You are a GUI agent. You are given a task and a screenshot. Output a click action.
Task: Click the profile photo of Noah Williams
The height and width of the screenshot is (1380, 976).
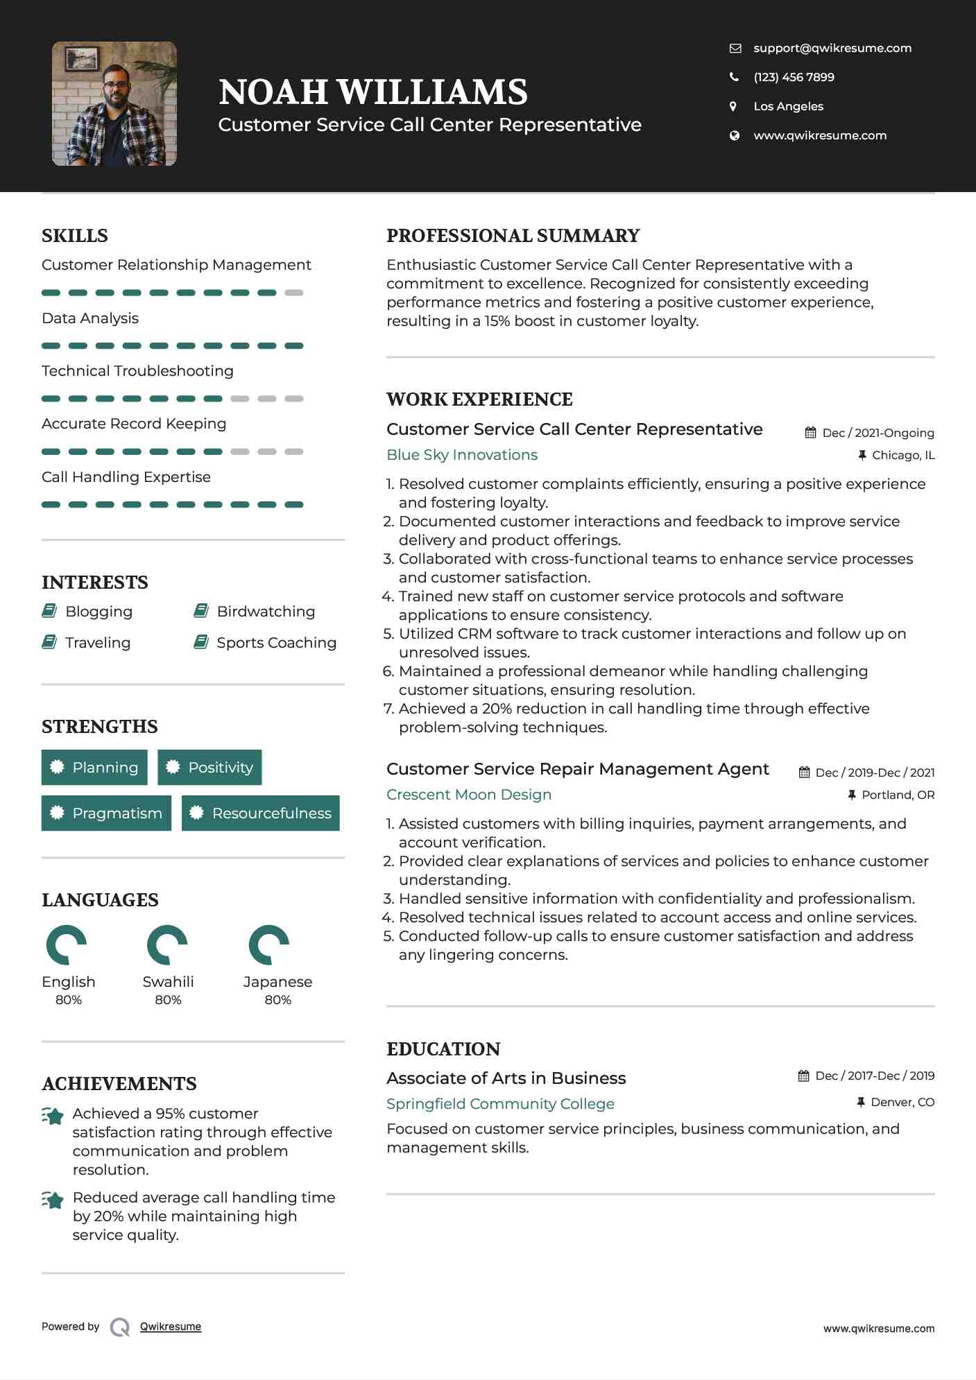point(114,103)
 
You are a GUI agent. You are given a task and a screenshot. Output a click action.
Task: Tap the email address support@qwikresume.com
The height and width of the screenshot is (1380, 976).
point(832,48)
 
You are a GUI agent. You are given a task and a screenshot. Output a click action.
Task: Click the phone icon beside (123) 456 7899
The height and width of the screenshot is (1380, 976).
point(734,77)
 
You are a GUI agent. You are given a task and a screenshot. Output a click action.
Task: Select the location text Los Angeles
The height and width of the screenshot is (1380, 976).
point(788,106)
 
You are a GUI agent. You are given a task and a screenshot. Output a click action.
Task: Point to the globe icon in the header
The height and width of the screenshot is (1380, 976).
point(734,135)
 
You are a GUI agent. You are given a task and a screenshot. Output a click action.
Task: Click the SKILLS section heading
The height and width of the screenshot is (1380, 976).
point(75,236)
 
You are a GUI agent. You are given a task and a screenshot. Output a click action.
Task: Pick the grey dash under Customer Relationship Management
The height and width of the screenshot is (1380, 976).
point(294,293)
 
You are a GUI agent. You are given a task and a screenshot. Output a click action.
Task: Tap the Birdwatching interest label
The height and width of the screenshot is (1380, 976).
point(266,612)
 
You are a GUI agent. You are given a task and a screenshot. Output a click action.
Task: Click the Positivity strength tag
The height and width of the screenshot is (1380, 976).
point(209,767)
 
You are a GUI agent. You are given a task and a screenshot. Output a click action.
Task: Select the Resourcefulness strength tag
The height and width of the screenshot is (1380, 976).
point(261,813)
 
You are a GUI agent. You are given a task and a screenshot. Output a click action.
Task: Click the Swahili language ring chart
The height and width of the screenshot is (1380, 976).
point(167,945)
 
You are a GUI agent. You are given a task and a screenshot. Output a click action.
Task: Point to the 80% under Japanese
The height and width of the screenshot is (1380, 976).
point(277,1000)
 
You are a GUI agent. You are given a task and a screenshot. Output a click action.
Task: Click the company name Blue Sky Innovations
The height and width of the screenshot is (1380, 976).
point(462,455)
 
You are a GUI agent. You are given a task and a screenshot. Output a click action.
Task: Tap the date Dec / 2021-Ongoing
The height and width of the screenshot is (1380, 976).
point(877,433)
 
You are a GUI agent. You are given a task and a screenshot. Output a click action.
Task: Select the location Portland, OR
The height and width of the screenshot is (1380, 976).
point(898,795)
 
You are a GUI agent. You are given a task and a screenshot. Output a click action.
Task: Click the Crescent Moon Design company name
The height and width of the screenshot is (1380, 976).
point(469,795)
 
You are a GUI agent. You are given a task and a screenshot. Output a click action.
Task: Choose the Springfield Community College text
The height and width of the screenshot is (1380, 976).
point(500,1103)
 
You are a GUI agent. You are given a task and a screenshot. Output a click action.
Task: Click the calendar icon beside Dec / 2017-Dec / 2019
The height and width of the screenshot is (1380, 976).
point(803,1076)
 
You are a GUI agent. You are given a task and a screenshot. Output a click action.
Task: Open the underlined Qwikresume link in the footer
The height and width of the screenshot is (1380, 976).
point(171,1327)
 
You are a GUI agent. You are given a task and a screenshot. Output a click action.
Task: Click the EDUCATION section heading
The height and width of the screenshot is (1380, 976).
point(443,1049)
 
